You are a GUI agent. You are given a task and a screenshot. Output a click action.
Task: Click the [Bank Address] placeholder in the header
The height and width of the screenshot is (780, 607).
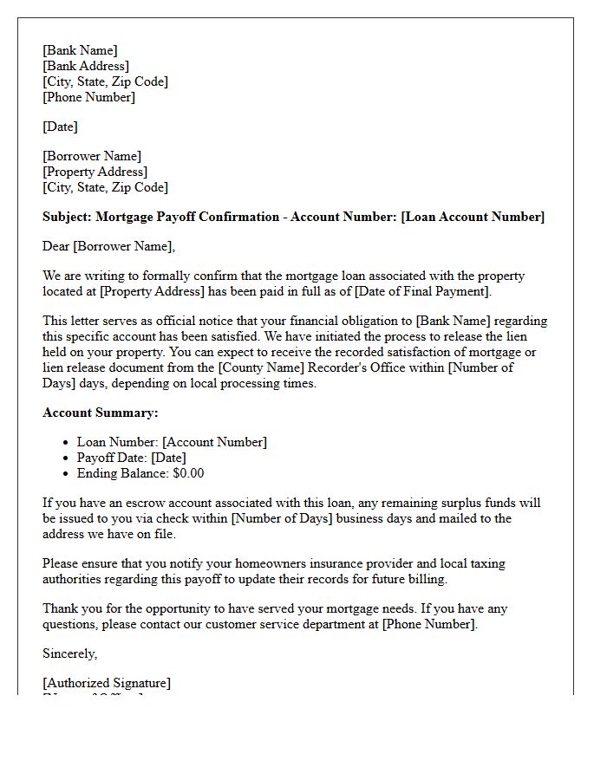(x=86, y=66)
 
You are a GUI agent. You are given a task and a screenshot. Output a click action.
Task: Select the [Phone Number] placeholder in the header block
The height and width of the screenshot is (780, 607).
(x=88, y=97)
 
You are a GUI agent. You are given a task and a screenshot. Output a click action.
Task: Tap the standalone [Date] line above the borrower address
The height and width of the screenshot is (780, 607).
(x=60, y=127)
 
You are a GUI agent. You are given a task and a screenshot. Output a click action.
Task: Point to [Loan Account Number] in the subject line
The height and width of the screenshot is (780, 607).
(x=473, y=217)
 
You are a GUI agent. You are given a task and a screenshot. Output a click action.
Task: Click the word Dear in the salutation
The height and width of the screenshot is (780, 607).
(x=56, y=246)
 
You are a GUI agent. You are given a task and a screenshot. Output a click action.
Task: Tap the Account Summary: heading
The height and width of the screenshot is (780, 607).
(x=101, y=413)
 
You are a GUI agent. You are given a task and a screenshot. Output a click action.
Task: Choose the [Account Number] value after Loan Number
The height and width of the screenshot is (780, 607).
(x=214, y=442)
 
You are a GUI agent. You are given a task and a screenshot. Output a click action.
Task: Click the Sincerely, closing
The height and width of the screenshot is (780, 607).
(x=70, y=653)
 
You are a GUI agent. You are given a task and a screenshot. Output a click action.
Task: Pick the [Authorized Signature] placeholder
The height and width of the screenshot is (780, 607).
(x=107, y=683)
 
